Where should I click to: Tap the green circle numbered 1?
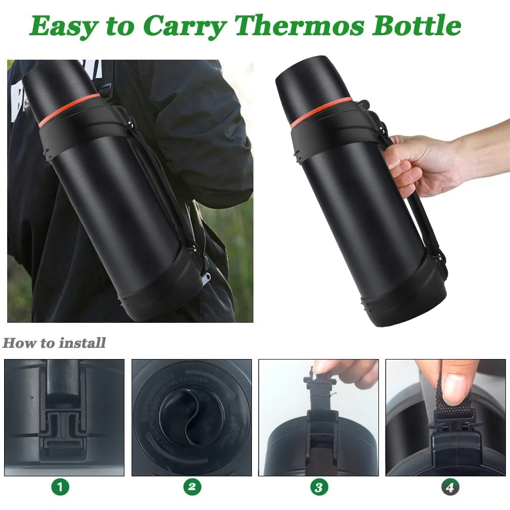pos(61,487)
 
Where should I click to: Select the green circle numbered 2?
pos(192,487)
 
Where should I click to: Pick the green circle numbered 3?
pos(319,487)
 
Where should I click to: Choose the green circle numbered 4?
pos(449,487)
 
